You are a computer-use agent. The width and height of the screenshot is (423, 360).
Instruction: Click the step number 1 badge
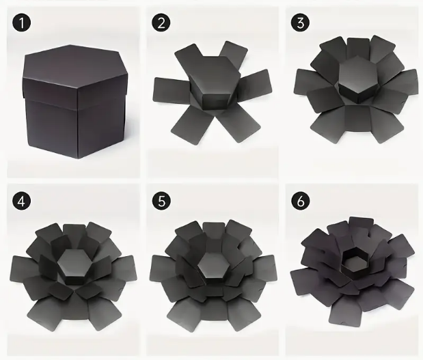point(22,23)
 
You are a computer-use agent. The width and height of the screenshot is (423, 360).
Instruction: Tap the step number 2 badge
point(161,23)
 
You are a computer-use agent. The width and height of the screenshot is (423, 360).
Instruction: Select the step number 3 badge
point(300,23)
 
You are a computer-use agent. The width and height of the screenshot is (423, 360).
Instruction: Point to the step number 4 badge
point(22,201)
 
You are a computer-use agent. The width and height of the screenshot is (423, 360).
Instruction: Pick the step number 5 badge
point(161,201)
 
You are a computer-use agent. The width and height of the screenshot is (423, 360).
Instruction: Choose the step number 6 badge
point(300,201)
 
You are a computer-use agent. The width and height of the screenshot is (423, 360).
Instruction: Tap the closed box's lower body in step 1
point(76,127)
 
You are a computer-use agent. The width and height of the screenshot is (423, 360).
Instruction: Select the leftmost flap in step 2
point(170,90)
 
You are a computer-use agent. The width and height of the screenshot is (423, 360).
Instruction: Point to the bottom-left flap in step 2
point(192,124)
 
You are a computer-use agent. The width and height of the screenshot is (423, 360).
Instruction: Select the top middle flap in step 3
point(358,49)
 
